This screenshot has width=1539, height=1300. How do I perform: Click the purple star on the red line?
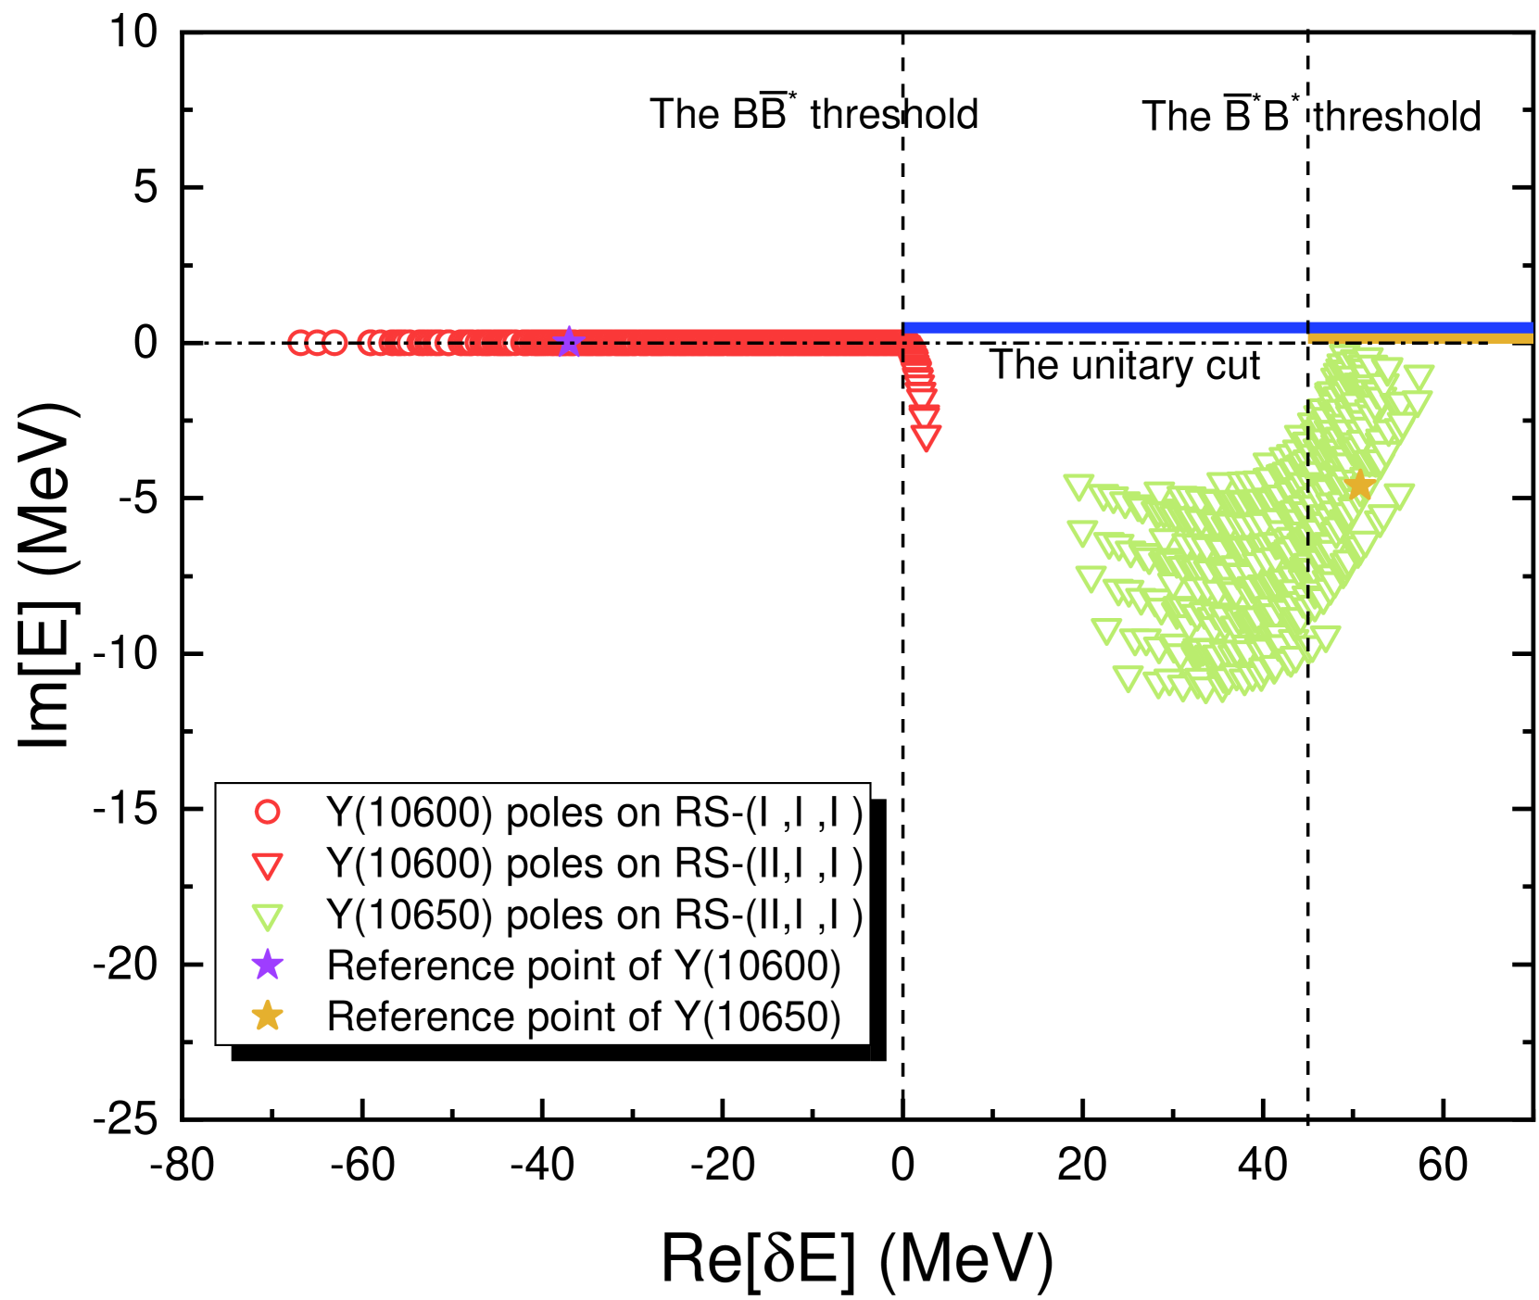[569, 342]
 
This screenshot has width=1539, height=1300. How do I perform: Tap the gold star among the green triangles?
[1359, 485]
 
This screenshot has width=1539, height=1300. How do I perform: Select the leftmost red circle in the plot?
[299, 343]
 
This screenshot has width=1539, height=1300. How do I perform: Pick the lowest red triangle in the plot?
[926, 437]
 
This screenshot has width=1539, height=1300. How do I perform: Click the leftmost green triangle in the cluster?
[1079, 486]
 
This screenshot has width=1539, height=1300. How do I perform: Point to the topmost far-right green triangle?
[1419, 376]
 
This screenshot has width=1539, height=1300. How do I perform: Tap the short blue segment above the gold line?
[1420, 327]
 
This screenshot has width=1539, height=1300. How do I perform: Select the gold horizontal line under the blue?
[1420, 339]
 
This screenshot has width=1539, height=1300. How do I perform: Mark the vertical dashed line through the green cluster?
[1307, 519]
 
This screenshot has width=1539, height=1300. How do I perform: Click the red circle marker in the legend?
[267, 813]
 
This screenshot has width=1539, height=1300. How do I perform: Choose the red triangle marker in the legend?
[267, 865]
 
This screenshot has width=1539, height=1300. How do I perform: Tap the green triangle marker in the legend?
[267, 916]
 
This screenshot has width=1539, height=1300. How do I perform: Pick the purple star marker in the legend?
[267, 965]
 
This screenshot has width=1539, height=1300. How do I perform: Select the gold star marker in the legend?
[267, 1016]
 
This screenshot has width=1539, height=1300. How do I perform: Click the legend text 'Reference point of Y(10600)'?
[584, 966]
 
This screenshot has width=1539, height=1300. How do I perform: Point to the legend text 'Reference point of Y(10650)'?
[584, 1016]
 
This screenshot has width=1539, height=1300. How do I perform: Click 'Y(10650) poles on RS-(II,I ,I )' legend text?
[594, 915]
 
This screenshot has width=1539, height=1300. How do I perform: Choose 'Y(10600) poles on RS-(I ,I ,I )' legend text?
[594, 813]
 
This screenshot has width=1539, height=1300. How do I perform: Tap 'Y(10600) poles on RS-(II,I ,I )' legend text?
[594, 864]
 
